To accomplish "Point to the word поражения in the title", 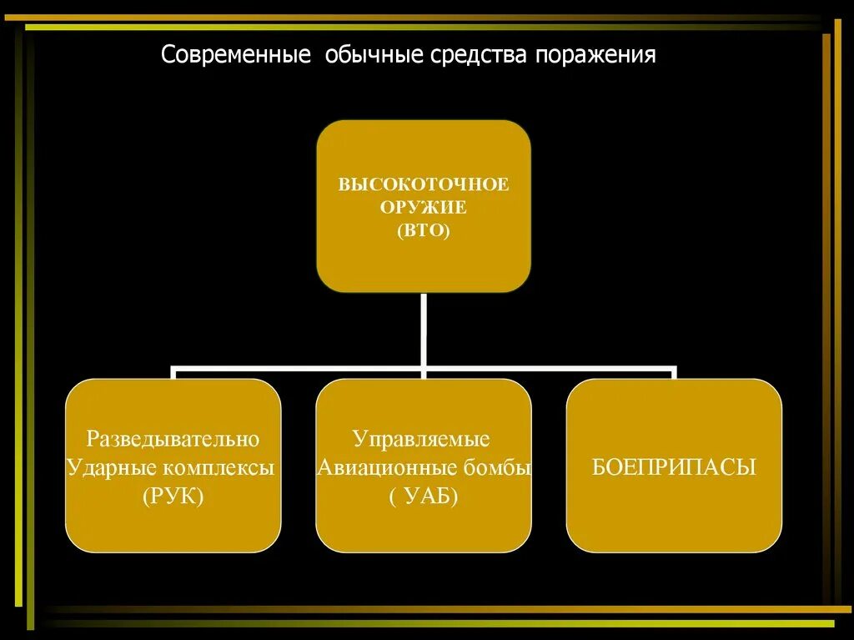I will pyautogui.click(x=595, y=56).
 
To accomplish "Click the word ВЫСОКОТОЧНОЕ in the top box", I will pyautogui.click(x=423, y=184).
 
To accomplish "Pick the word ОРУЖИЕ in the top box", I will pyautogui.click(x=423, y=207).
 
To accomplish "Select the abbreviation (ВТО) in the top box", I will pyautogui.click(x=423, y=229).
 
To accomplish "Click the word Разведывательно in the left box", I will pyautogui.click(x=173, y=439).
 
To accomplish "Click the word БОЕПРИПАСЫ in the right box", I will pyautogui.click(x=674, y=467).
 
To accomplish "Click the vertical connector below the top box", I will pyautogui.click(x=424, y=330).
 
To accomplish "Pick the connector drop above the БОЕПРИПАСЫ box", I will pyautogui.click(x=673, y=373).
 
